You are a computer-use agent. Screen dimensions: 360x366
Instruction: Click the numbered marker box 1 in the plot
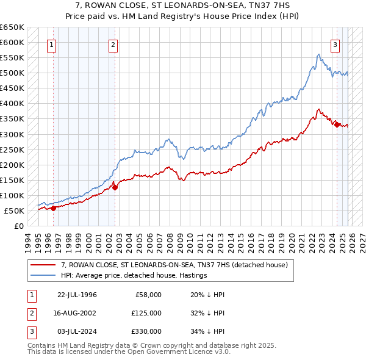52,44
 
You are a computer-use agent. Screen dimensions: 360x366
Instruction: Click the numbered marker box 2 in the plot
113,44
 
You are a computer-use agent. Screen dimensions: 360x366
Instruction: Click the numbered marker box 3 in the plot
335,44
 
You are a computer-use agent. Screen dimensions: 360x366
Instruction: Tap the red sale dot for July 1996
53,207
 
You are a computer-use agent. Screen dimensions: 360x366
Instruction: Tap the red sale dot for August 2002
115,187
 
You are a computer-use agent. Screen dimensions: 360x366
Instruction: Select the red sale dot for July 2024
337,124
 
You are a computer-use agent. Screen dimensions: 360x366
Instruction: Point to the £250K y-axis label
12,149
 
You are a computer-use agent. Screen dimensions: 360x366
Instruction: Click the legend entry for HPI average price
134,275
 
